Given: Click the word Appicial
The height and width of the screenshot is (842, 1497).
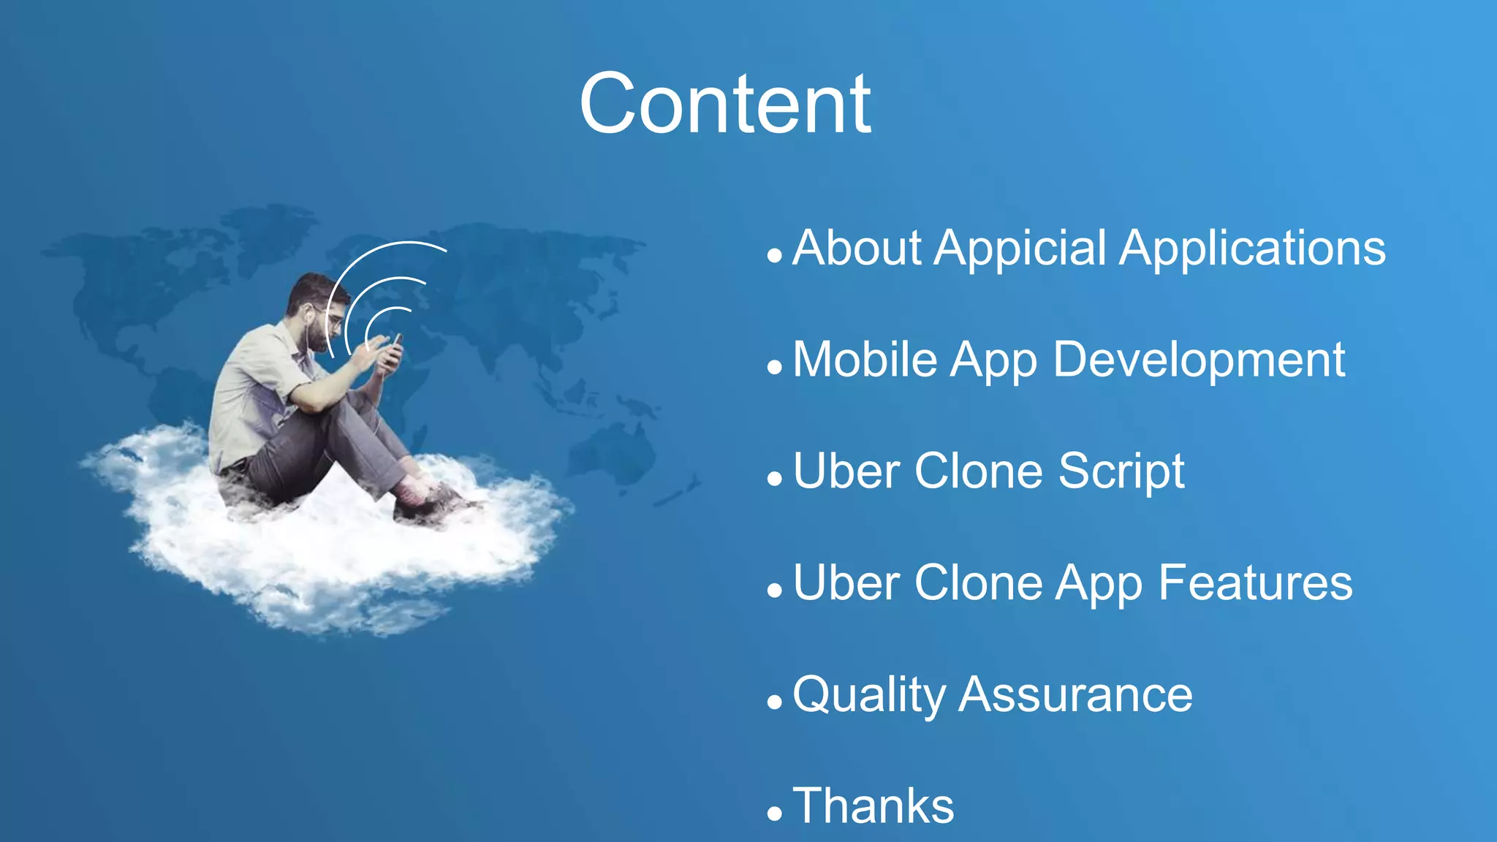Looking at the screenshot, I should pos(1020,249).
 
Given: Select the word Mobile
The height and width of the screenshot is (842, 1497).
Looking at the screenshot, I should pos(865,360).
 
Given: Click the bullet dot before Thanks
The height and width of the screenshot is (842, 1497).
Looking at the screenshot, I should pos(775,813).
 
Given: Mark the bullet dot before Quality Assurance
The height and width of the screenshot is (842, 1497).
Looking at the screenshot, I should pos(775,702).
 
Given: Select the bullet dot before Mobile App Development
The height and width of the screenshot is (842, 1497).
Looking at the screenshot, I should pos(775,368).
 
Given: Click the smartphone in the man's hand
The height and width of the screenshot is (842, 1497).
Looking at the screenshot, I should pos(395,349).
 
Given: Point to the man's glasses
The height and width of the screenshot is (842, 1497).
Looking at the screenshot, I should pos(333,318).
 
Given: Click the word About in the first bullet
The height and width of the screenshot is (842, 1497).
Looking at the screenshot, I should pos(857,249).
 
